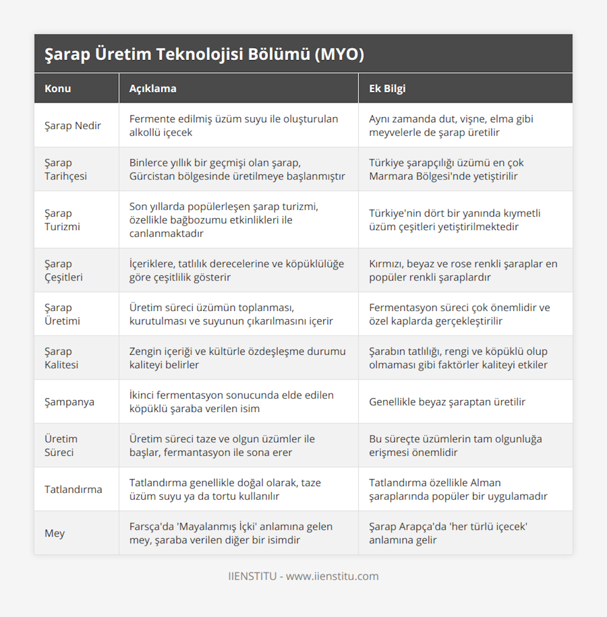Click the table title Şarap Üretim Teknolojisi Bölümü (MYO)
[204, 54]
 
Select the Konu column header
[58, 88]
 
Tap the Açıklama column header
[153, 88]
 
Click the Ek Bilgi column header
[387, 88]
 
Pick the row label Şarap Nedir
[73, 126]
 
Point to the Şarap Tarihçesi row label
[66, 169]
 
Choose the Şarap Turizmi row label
[62, 220]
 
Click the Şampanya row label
[69, 402]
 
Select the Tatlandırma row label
[73, 490]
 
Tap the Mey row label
[55, 534]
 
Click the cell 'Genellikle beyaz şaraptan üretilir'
[447, 402]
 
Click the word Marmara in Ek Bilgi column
[389, 176]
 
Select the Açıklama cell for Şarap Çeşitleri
[236, 270]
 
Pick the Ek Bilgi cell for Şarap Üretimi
[459, 314]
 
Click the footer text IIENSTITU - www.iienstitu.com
[303, 577]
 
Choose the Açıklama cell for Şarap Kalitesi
[237, 358]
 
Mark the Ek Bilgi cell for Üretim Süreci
[455, 446]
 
